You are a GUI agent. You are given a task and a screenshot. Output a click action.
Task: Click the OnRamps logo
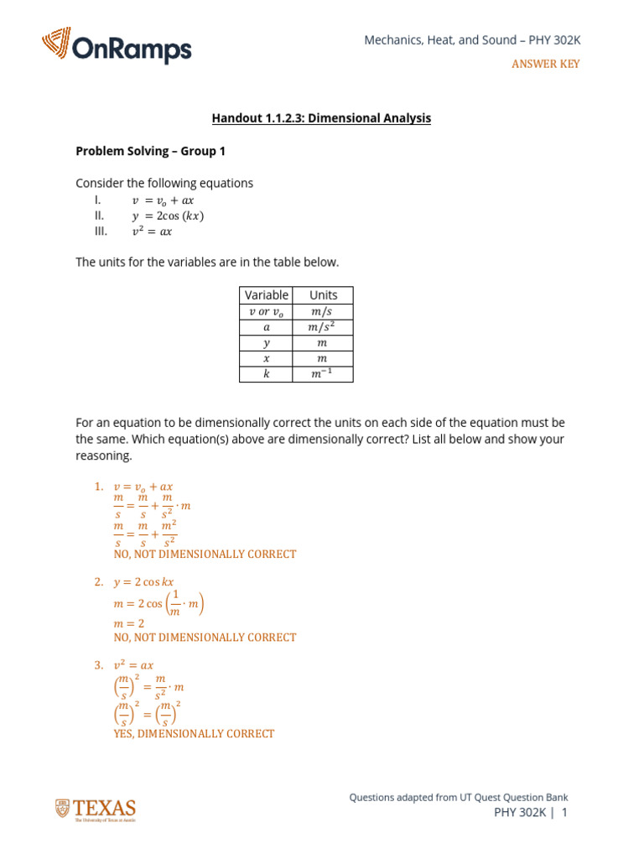pyautogui.click(x=117, y=47)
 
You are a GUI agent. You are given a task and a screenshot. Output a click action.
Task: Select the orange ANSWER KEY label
pyautogui.click(x=545, y=64)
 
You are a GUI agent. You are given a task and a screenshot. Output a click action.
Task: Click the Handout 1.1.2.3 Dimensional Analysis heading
pyautogui.click(x=321, y=118)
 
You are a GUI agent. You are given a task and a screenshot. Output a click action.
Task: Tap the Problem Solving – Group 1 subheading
pyautogui.click(x=150, y=151)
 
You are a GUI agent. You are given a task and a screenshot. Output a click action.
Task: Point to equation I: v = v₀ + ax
pyautogui.click(x=163, y=200)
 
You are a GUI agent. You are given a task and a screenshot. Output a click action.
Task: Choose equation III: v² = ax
pyautogui.click(x=152, y=232)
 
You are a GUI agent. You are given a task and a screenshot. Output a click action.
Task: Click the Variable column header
pyautogui.click(x=267, y=294)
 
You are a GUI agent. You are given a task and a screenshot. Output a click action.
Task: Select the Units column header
pyautogui.click(x=323, y=294)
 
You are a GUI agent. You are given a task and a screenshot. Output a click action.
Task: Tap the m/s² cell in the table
pyautogui.click(x=323, y=326)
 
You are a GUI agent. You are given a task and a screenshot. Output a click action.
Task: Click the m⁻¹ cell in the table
pyautogui.click(x=323, y=374)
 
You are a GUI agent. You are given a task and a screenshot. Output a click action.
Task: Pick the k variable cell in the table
pyautogui.click(x=267, y=374)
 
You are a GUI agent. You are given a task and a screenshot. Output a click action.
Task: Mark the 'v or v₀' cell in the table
pyautogui.click(x=267, y=311)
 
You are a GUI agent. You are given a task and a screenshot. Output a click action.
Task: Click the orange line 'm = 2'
pyautogui.click(x=129, y=623)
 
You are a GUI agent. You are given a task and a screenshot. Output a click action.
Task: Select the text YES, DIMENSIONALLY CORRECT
pyautogui.click(x=194, y=733)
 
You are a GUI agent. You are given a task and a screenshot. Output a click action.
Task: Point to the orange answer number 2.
pyautogui.click(x=98, y=581)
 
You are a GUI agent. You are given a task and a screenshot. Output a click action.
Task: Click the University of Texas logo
pyautogui.click(x=96, y=810)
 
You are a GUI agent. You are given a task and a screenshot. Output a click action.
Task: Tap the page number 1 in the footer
pyautogui.click(x=564, y=812)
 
